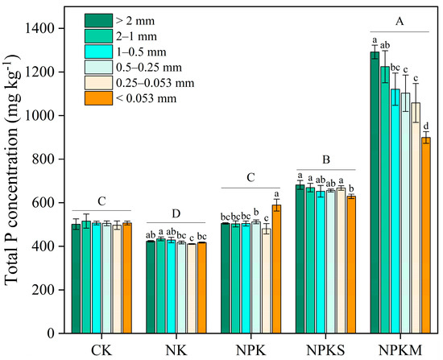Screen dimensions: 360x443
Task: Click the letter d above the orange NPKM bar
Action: [x=426, y=125]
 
